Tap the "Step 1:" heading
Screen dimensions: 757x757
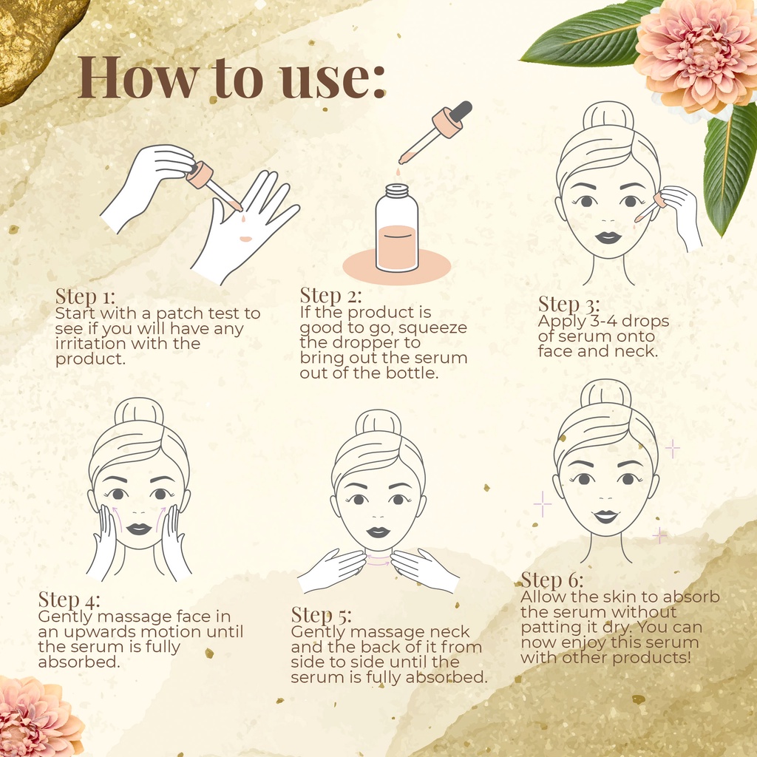(86, 296)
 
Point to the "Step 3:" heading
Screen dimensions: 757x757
(569, 305)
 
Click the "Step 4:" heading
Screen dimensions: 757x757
(69, 600)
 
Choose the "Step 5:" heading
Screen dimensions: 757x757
(322, 616)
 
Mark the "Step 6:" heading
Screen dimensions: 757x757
(552, 580)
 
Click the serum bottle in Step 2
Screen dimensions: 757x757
(397, 228)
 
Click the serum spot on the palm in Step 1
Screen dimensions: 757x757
(245, 239)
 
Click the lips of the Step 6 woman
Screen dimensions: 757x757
(606, 517)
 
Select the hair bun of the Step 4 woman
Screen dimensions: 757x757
(139, 411)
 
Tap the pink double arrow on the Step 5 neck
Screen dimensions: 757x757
(378, 560)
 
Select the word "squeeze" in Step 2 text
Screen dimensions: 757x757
(432, 328)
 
